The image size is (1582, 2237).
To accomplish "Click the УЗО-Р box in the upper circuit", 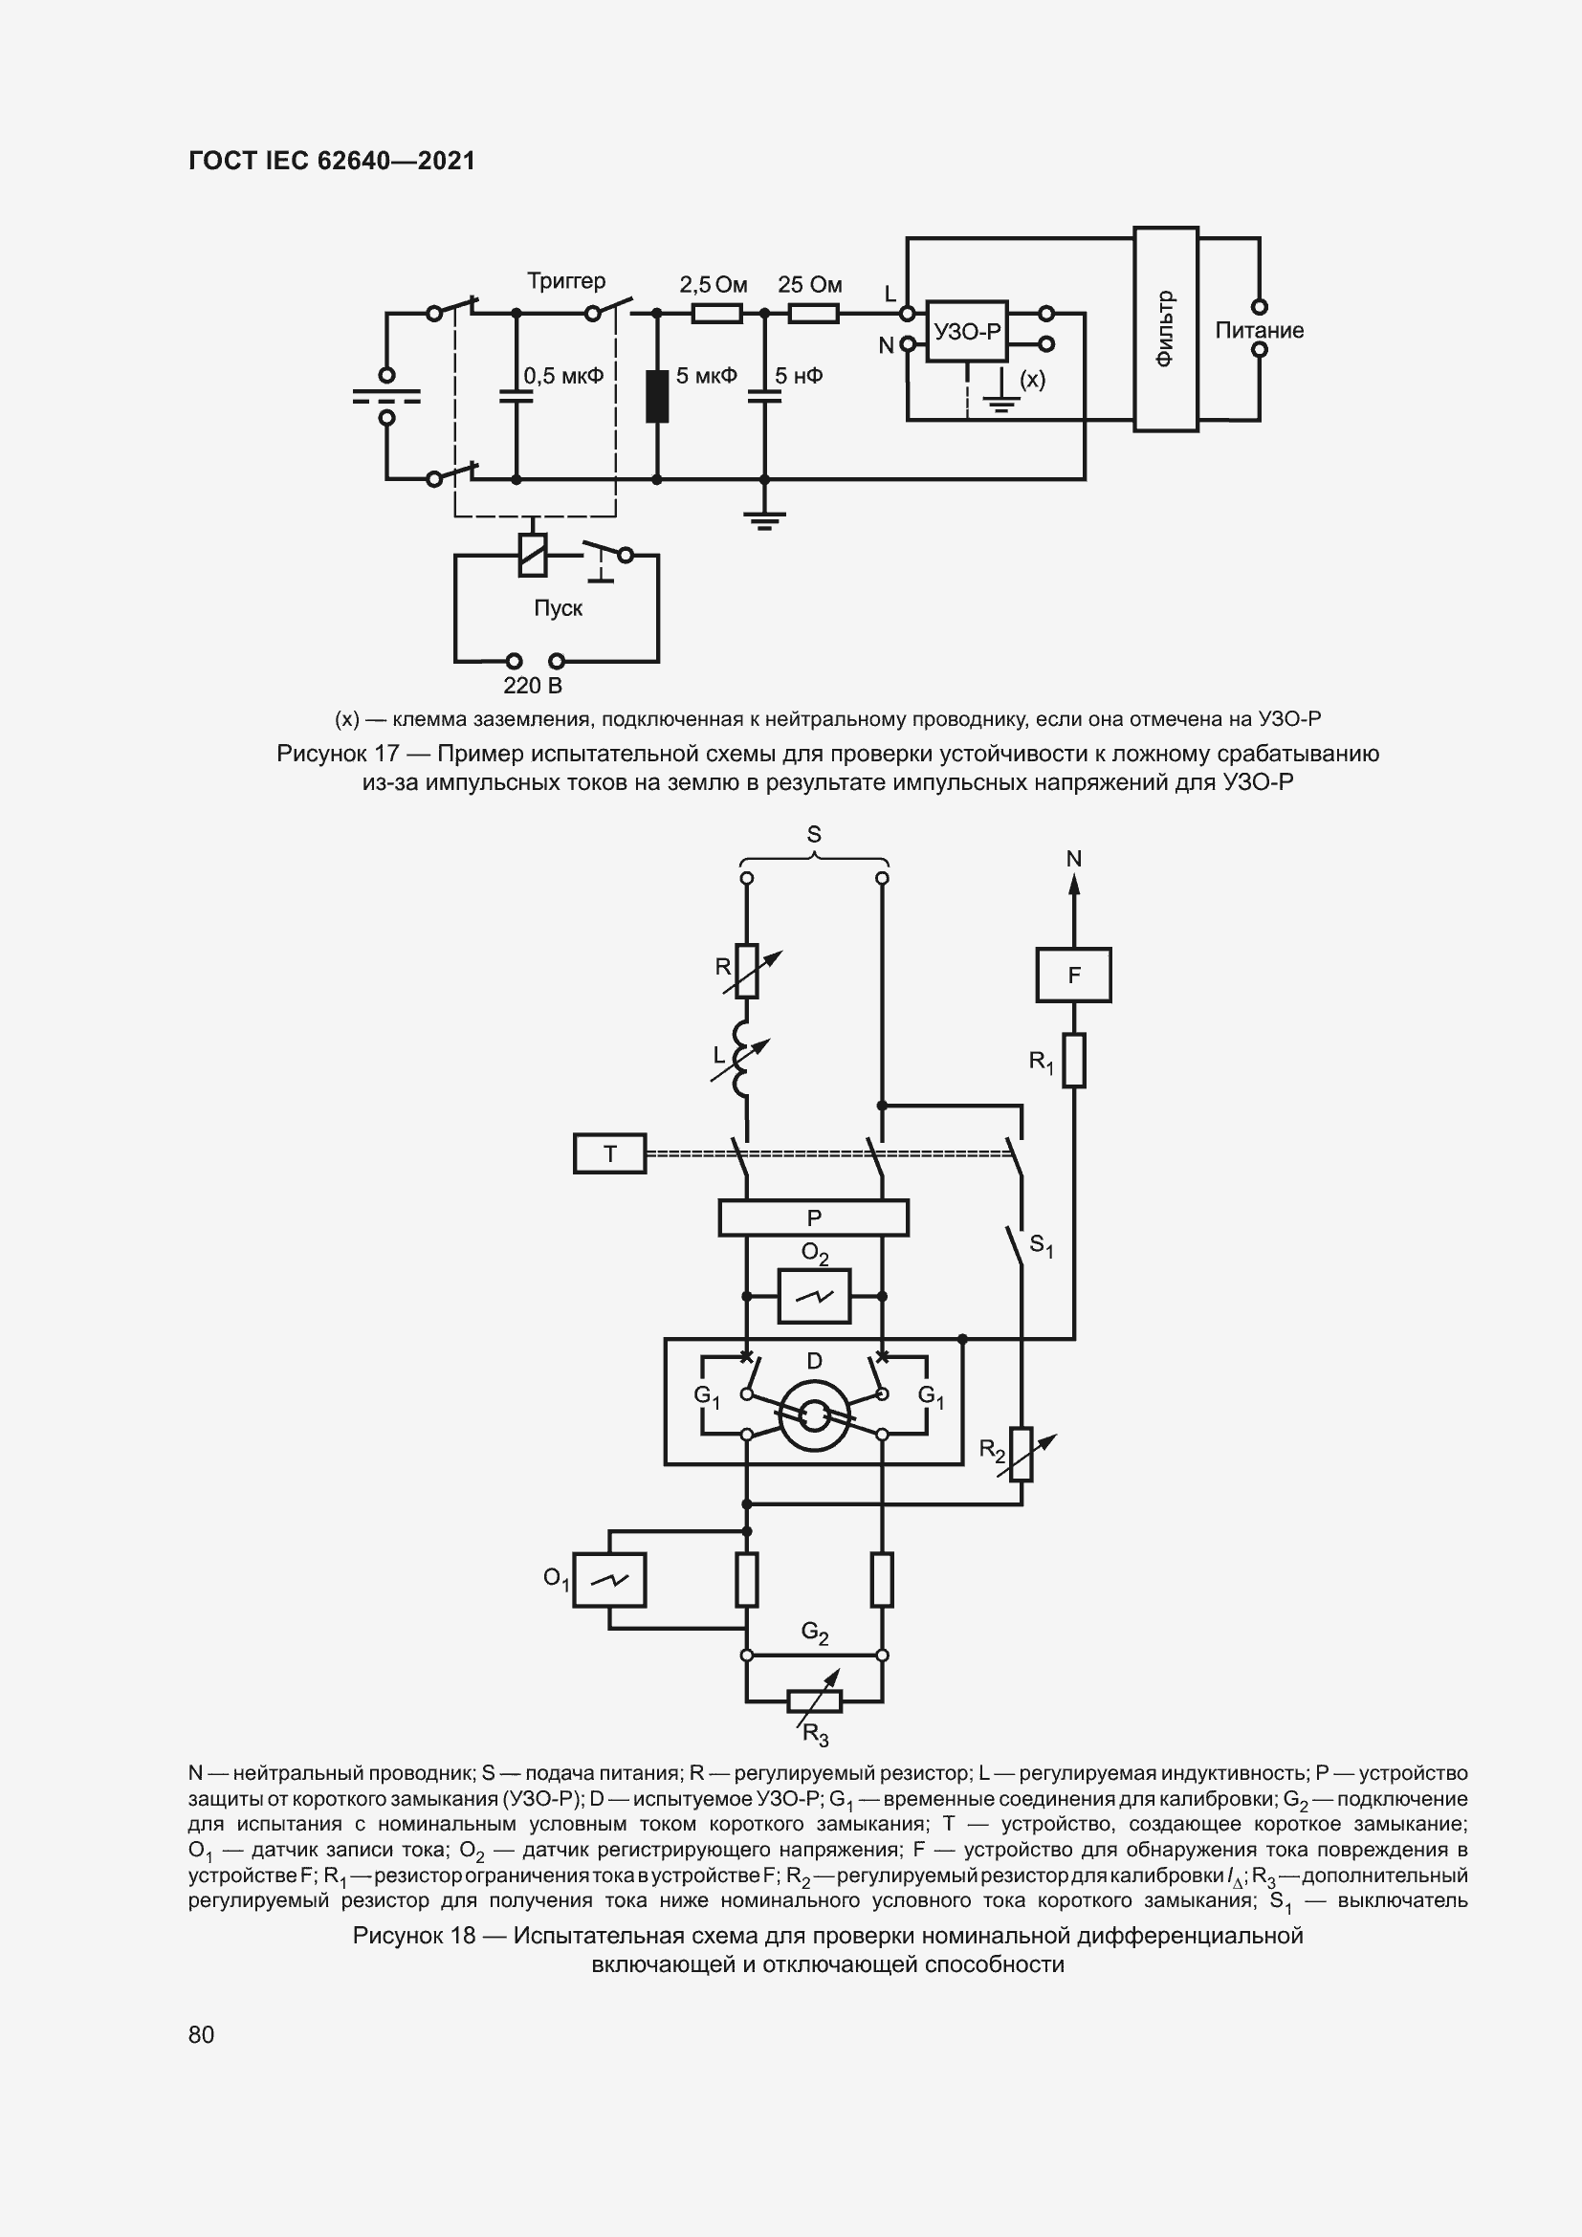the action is point(965,331).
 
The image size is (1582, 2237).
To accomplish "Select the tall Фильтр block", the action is point(1165,329).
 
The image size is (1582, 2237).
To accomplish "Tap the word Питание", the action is point(1259,330).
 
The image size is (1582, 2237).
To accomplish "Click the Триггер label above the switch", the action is point(566,281).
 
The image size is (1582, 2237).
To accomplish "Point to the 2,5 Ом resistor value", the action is point(714,284).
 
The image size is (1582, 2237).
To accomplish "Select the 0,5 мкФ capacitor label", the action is point(563,376).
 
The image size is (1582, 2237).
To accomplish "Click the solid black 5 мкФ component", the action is point(657,396).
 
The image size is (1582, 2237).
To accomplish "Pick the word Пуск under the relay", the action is point(559,608).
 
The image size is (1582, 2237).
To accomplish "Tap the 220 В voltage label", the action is point(533,686).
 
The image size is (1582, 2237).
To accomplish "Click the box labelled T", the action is point(610,1153).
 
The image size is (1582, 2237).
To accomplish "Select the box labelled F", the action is point(1073,976).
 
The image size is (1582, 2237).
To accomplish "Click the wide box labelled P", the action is point(813,1217).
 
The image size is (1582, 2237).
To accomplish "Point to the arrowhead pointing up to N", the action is point(1073,884).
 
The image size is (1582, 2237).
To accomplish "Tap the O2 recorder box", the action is point(814,1296).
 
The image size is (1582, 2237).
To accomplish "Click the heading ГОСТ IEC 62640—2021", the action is point(331,161).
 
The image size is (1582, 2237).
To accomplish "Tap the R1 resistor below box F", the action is point(1073,1060).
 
